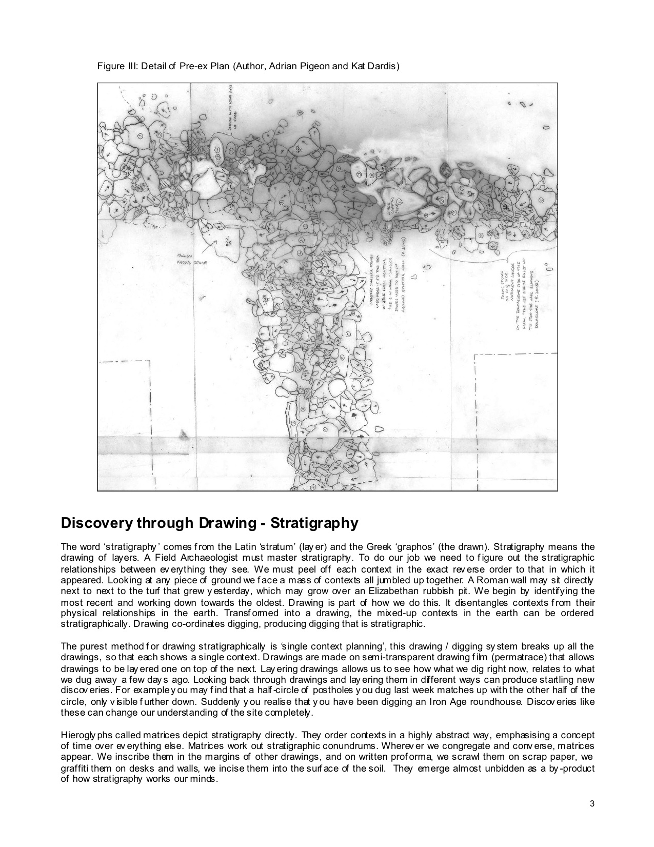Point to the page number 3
(591, 804)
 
